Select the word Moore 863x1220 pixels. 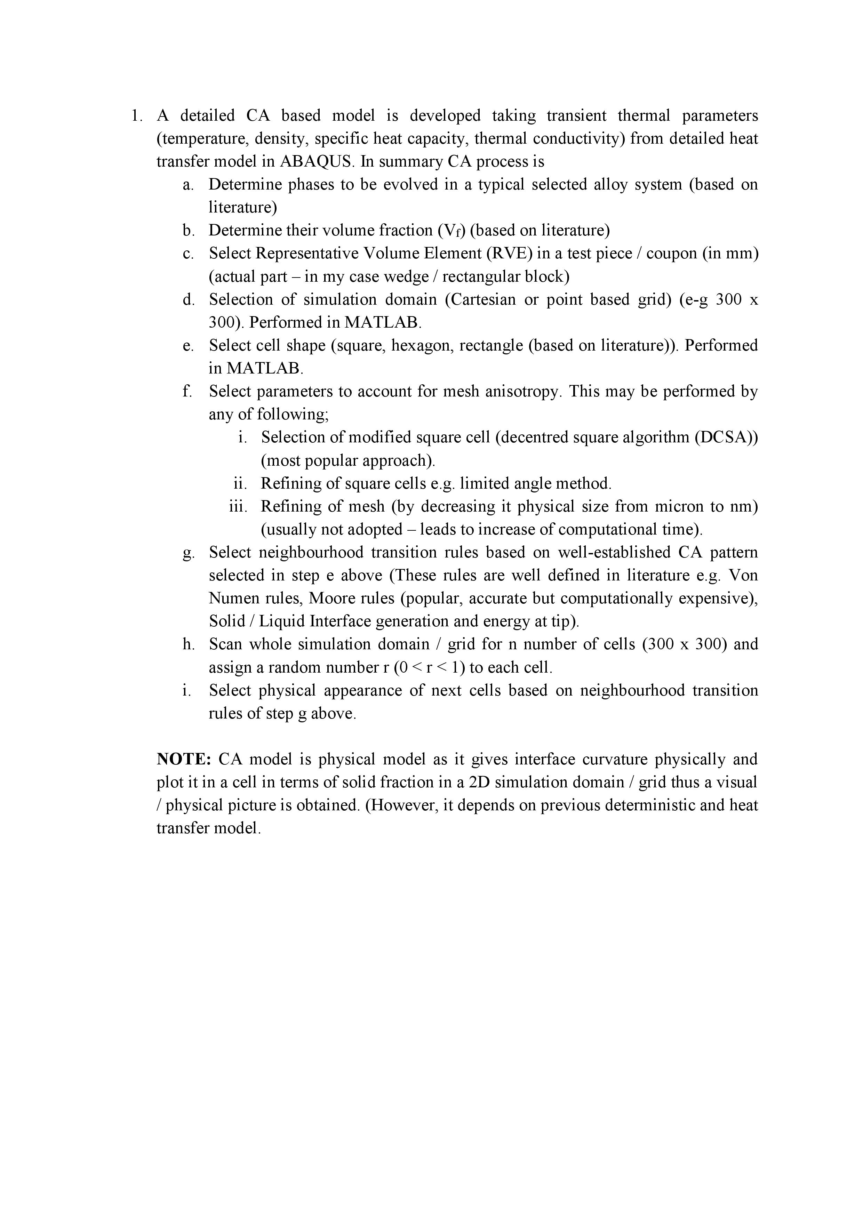328,598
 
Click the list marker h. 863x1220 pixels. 188,644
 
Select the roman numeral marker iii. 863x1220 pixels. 238,506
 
